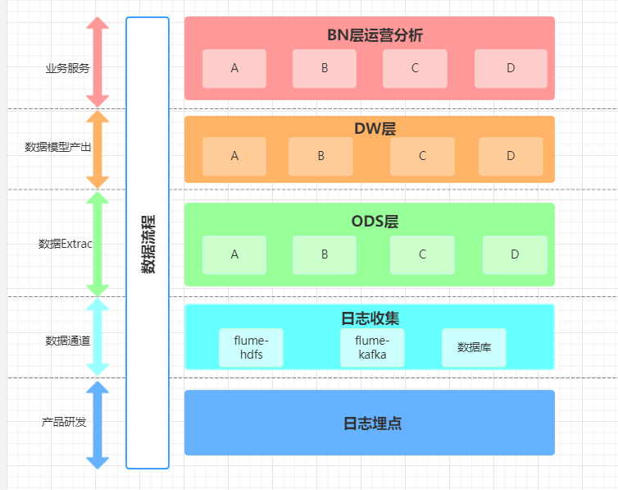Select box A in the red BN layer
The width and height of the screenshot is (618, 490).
pos(234,69)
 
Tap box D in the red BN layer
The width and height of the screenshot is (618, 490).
pos(511,69)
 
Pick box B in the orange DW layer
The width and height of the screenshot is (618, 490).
pos(320,156)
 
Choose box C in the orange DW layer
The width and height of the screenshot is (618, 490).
pos(422,156)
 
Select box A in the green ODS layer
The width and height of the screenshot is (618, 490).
pos(234,255)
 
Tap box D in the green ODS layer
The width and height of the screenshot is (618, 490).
pos(515,255)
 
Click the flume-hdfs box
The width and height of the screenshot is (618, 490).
pos(251,348)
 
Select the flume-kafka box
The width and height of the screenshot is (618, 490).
pos(372,348)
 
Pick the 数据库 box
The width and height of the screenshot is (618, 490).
pos(474,348)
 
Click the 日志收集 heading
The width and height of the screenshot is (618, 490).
pos(370,317)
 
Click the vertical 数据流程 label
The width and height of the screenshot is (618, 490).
pos(148,244)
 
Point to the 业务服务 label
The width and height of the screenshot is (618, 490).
pos(67,68)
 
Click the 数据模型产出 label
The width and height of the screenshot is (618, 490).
pos(58,148)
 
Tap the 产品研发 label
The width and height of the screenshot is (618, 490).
pos(64,423)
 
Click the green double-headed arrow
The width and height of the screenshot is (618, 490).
pos(98,244)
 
